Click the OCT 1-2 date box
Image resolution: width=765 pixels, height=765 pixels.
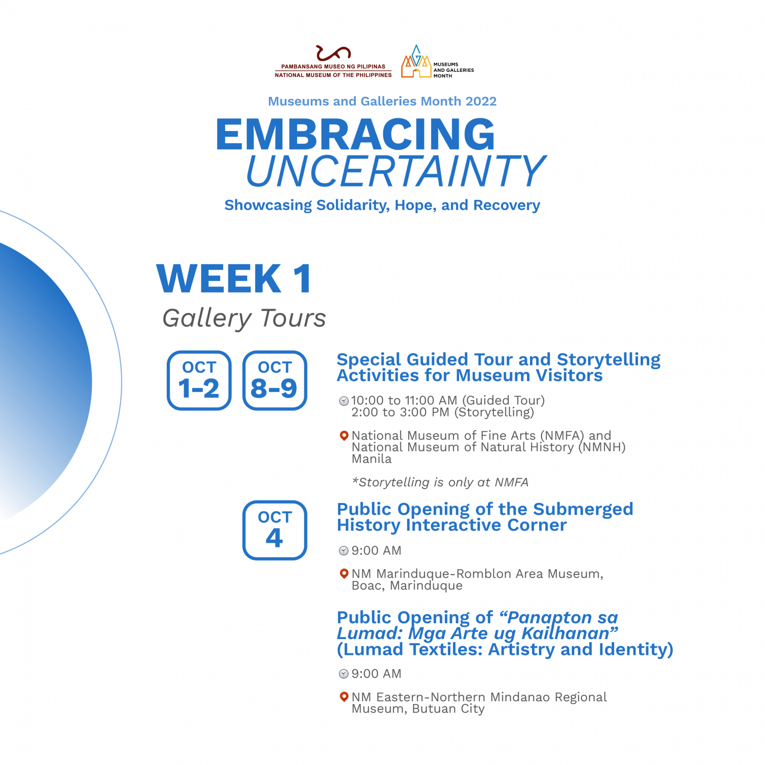click(x=199, y=380)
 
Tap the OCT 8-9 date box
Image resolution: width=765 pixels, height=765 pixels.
click(x=275, y=380)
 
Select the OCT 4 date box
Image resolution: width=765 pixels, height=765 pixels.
click(x=275, y=530)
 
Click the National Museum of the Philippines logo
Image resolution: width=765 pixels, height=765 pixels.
click(x=333, y=62)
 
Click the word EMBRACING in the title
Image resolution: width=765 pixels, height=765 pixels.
click(x=355, y=134)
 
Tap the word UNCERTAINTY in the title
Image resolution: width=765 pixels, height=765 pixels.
click(x=397, y=171)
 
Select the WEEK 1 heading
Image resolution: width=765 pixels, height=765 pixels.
click(x=234, y=278)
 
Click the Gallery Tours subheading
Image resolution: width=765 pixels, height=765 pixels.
click(x=244, y=319)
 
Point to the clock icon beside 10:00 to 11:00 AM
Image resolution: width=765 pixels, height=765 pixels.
click(x=344, y=401)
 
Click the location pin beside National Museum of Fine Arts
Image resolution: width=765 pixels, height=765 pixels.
click(x=344, y=436)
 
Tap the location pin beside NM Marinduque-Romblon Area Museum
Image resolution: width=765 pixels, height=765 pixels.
click(x=344, y=574)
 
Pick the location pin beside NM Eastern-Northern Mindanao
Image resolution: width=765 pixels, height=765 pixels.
click(x=344, y=697)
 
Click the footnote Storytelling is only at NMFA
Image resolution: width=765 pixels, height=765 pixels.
click(x=440, y=482)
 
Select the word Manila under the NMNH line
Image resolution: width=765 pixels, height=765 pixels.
click(x=372, y=459)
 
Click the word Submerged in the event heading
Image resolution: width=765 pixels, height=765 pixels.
click(x=583, y=510)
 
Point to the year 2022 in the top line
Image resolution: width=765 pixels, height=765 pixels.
click(x=481, y=101)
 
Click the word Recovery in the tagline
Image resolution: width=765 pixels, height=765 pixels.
click(x=507, y=205)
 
